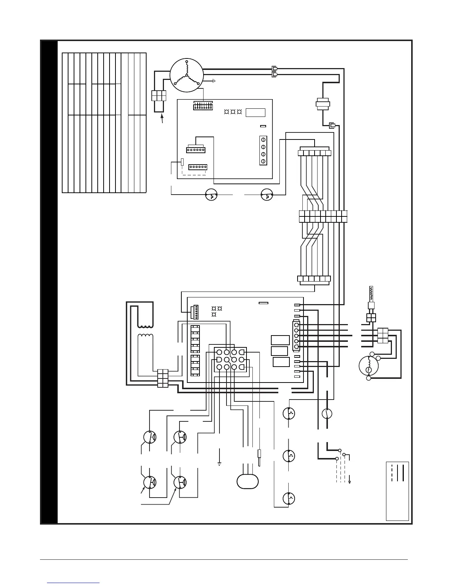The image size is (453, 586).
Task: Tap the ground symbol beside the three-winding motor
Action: (214, 80)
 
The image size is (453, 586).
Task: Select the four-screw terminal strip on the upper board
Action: (263, 151)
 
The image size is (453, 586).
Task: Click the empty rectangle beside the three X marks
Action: (256, 112)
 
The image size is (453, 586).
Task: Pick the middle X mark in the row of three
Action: (233, 112)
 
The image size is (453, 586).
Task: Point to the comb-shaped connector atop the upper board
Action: (202, 106)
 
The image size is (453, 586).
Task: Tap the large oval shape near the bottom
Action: (247, 481)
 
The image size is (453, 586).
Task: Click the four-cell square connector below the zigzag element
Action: (371, 318)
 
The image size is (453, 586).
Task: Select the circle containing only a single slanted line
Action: (326, 413)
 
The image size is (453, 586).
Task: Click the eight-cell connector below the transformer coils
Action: (163, 378)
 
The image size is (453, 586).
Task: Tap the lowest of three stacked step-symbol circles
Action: (289, 498)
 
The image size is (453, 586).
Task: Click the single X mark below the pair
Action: (214, 314)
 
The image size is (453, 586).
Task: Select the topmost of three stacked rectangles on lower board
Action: (280, 340)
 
